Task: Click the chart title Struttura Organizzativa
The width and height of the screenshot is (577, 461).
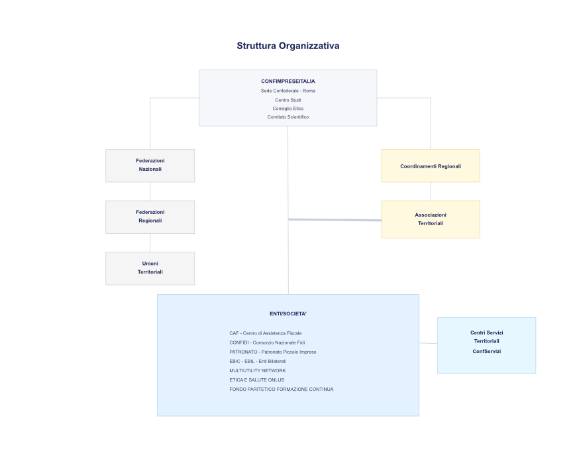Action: click(288, 46)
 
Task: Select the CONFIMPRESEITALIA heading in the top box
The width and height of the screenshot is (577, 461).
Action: click(288, 81)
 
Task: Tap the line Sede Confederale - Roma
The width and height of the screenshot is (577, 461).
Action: click(288, 90)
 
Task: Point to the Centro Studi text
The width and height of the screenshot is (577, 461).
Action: click(288, 99)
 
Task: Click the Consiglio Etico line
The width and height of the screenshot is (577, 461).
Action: click(288, 108)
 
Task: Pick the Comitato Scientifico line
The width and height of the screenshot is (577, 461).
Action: click(288, 117)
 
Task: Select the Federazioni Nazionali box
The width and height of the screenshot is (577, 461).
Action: click(150, 165)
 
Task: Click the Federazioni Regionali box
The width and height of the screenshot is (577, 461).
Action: click(150, 217)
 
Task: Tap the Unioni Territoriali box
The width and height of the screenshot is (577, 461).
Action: click(150, 268)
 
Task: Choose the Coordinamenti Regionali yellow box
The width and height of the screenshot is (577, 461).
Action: click(430, 166)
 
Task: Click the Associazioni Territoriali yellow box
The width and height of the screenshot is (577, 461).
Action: click(430, 219)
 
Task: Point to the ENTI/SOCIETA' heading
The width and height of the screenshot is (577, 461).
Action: click(288, 313)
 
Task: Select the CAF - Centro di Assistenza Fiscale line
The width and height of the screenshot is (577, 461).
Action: click(265, 333)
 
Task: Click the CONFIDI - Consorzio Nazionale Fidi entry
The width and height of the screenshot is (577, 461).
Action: click(267, 342)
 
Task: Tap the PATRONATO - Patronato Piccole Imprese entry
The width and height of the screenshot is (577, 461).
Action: click(272, 352)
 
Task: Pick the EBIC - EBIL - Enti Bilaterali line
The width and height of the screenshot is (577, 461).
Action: click(257, 361)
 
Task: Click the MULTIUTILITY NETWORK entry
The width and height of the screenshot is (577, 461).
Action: click(257, 370)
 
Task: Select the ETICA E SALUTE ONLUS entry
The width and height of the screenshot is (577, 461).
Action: click(256, 380)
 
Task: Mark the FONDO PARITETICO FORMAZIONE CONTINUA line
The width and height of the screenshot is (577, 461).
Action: click(281, 389)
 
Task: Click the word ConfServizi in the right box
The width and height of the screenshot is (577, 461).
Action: click(486, 351)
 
